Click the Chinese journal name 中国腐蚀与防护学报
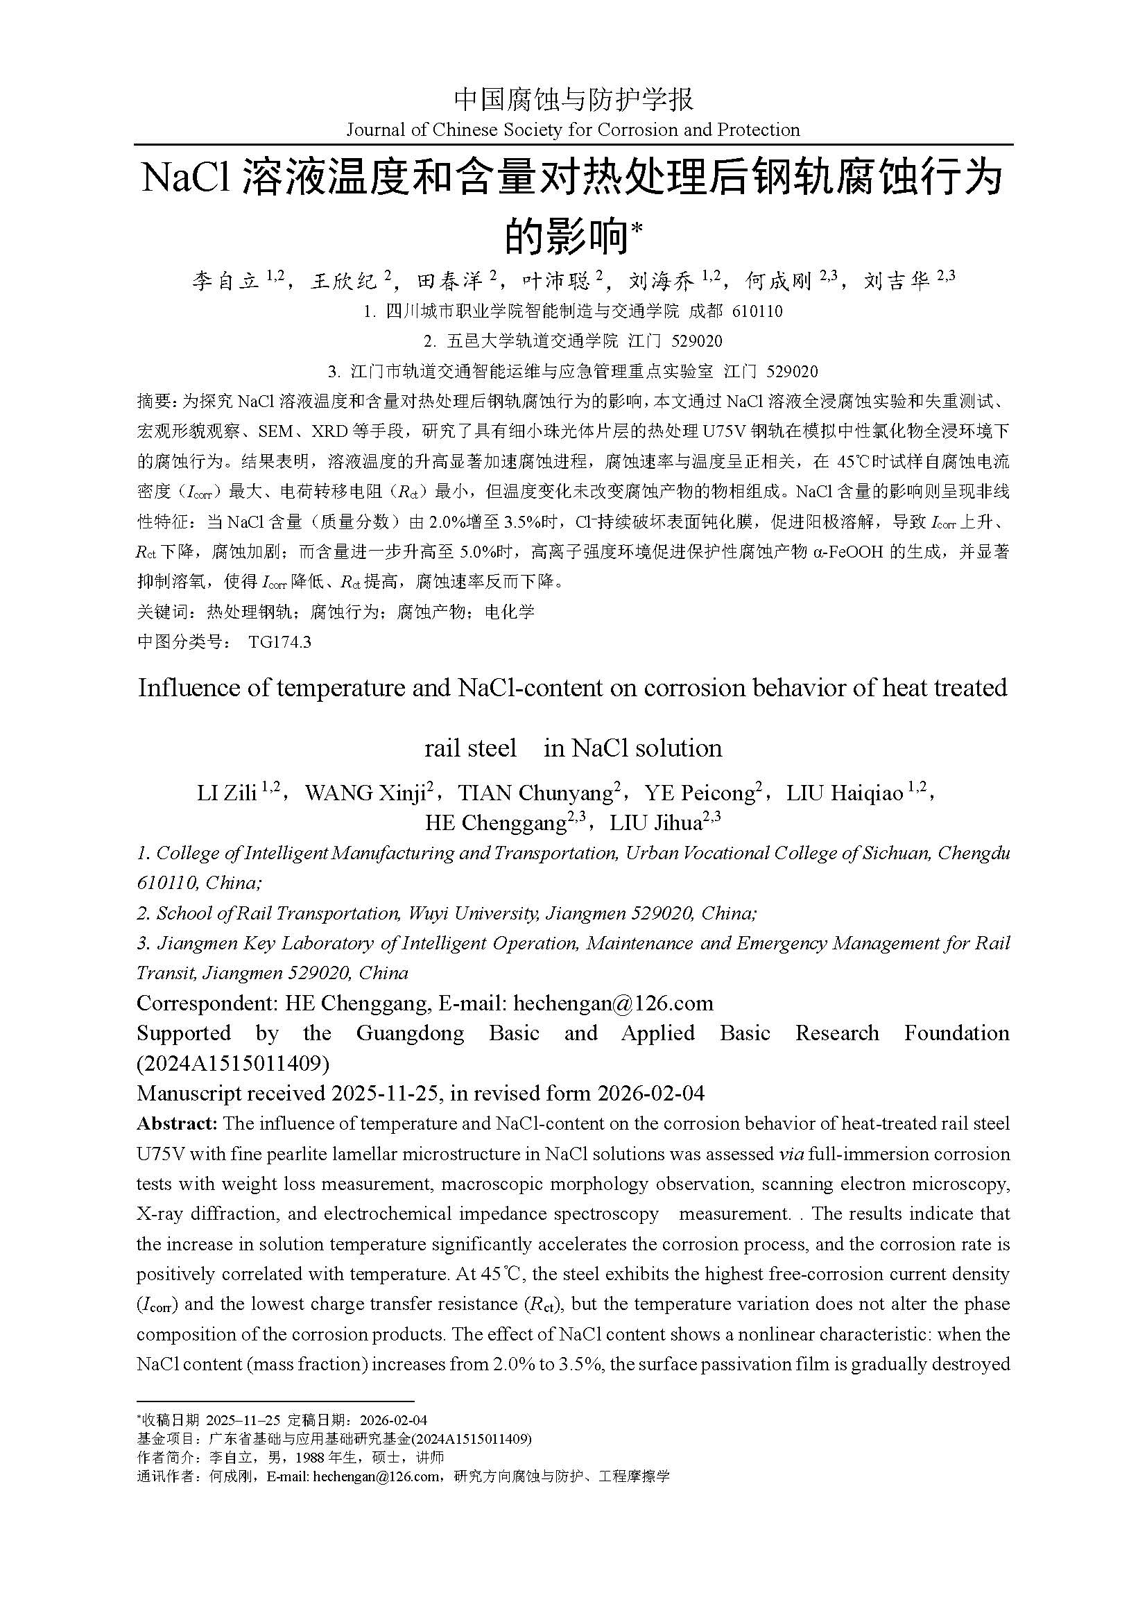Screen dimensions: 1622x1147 573,99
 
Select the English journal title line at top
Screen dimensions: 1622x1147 573,130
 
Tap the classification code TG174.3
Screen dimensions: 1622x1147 279,642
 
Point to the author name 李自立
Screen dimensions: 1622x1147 225,282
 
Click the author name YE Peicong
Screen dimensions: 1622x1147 700,793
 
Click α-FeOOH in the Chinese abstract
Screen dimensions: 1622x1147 845,552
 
